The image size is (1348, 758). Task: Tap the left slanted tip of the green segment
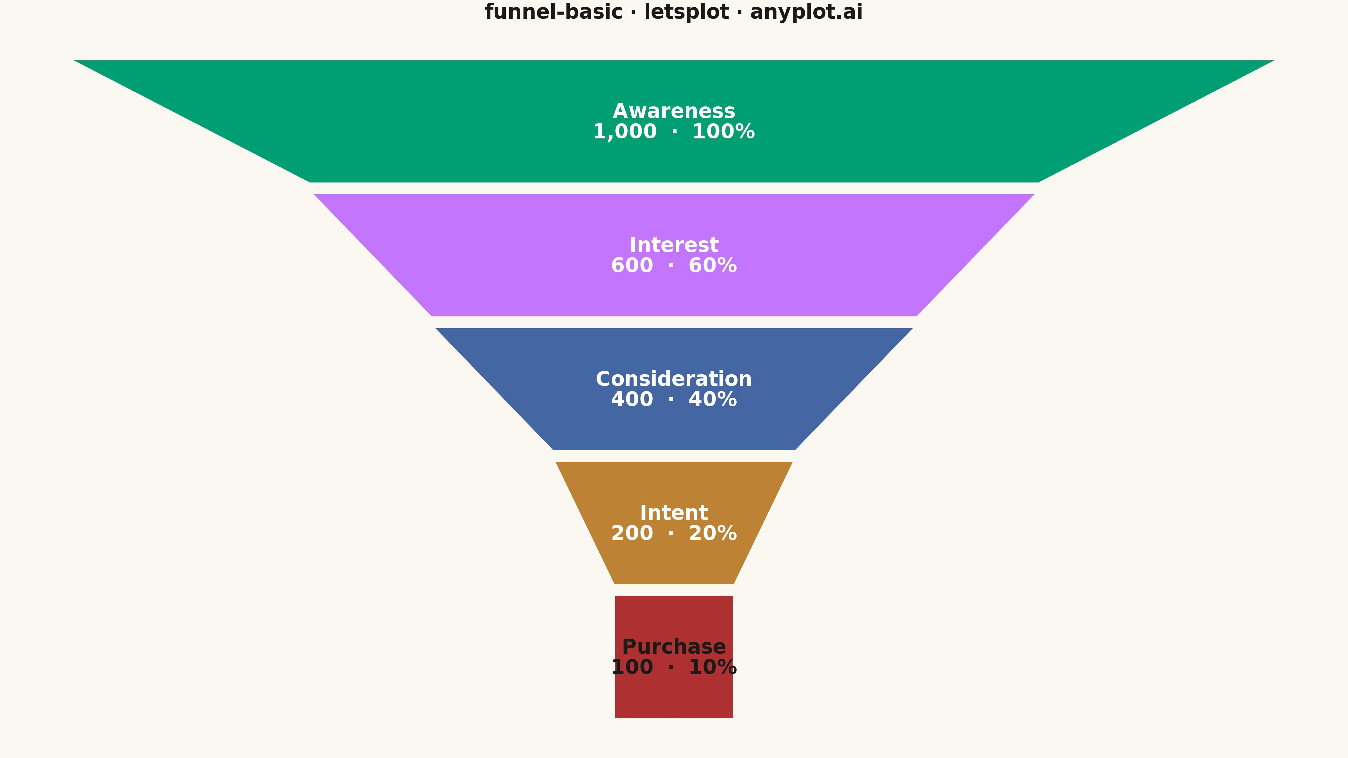click(x=75, y=61)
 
